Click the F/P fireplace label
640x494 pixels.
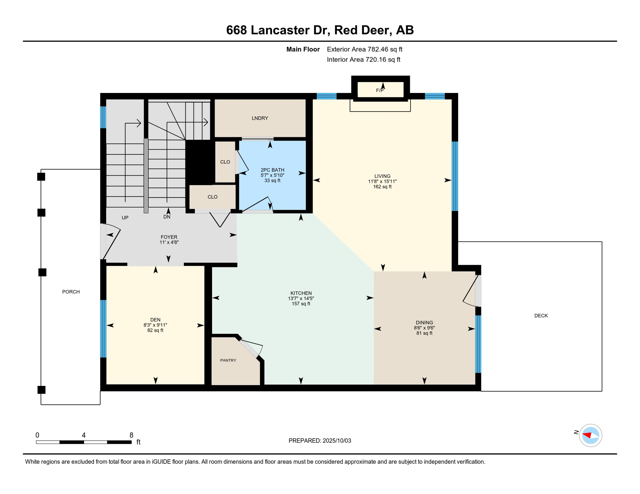pos(380,91)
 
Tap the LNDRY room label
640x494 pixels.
pos(260,118)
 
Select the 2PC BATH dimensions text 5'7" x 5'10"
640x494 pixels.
pos(272,175)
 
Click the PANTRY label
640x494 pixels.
pos(228,360)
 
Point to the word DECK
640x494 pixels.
pos(541,316)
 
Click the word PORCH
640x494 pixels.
pos(71,292)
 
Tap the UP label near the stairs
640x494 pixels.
pos(125,218)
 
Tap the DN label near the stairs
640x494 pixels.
pos(167,217)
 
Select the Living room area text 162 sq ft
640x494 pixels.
pos(382,187)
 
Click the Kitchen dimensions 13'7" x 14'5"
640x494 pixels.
pos(301,298)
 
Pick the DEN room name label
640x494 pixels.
pos(155,320)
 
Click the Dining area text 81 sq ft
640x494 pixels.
pos(424,333)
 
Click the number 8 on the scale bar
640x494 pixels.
pos(131,435)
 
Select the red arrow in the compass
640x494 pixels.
pos(587,435)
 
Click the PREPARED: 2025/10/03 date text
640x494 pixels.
pos(320,441)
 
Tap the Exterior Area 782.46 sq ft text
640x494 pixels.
pos(364,49)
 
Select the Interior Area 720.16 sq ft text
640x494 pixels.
pos(363,59)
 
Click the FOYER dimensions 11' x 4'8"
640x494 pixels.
pos(169,242)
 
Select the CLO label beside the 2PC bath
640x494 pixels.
pos(225,162)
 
